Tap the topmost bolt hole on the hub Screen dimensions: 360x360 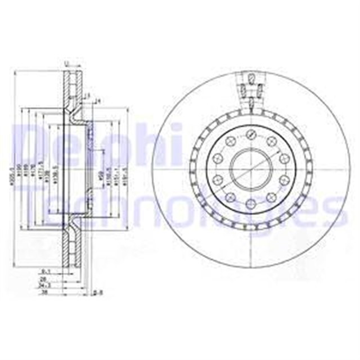pyautogui.click(x=249, y=133)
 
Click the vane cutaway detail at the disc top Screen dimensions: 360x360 pyautogui.click(x=249, y=90)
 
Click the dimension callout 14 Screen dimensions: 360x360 pyautogui.click(x=96, y=102)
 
